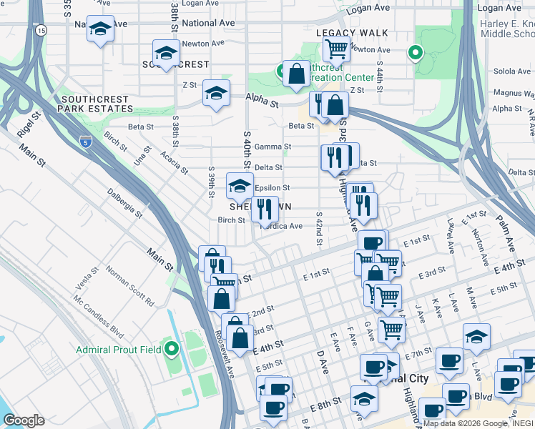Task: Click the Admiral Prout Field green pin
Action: point(171,349)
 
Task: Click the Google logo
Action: point(24,420)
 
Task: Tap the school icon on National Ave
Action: point(100,29)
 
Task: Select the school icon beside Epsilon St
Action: point(240,186)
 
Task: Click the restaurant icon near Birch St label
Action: point(265,209)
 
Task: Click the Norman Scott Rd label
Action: point(130,286)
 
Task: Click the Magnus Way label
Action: point(514,93)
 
